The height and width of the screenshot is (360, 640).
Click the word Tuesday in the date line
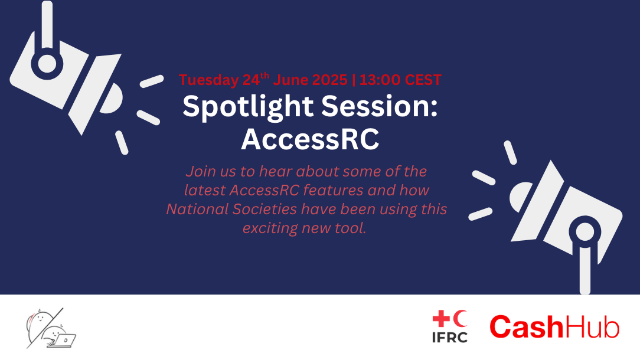point(208,80)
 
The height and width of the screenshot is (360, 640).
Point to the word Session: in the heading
point(380,107)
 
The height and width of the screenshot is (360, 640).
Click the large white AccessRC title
point(310,139)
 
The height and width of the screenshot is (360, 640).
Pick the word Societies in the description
point(265,209)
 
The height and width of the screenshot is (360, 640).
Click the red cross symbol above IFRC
point(441,318)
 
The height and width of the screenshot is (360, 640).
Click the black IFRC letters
point(450,338)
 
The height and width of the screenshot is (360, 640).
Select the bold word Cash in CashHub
point(527,326)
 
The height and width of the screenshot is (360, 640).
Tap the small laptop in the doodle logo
point(64,341)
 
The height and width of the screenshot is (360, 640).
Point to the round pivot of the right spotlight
point(585,231)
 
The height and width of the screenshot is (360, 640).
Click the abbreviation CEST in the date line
point(422,80)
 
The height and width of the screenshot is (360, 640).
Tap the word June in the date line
point(289,80)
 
